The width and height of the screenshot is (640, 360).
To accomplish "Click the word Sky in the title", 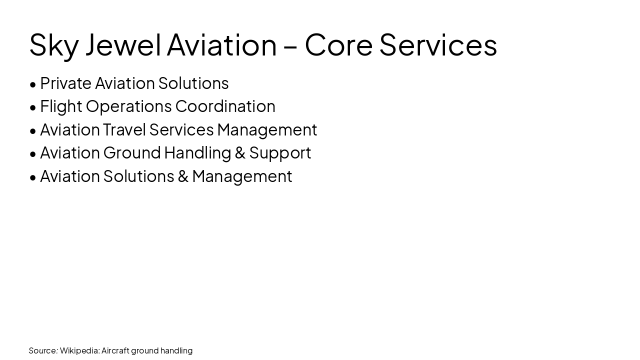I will (53, 45).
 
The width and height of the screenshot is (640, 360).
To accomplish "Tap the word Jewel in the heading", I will (123, 45).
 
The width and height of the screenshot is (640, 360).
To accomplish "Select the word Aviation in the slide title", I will (221, 45).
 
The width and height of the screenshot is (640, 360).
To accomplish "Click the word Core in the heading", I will (338, 45).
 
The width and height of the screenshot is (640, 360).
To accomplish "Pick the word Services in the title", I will (438, 45).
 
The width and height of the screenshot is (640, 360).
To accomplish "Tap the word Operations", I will (129, 106).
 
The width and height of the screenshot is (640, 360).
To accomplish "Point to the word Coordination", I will (225, 106).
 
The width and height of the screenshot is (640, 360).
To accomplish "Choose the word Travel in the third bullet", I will (124, 129).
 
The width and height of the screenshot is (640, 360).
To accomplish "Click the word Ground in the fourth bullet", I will (132, 152).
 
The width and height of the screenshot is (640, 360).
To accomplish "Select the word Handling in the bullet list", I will (197, 152).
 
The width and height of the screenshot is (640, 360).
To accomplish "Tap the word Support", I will (280, 153).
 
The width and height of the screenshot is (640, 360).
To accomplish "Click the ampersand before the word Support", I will (240, 153).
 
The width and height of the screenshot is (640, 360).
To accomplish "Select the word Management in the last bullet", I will (242, 176).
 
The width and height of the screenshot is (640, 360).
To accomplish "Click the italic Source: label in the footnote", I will (43, 350).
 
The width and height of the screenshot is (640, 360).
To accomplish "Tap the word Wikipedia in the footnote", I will (79, 350).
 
